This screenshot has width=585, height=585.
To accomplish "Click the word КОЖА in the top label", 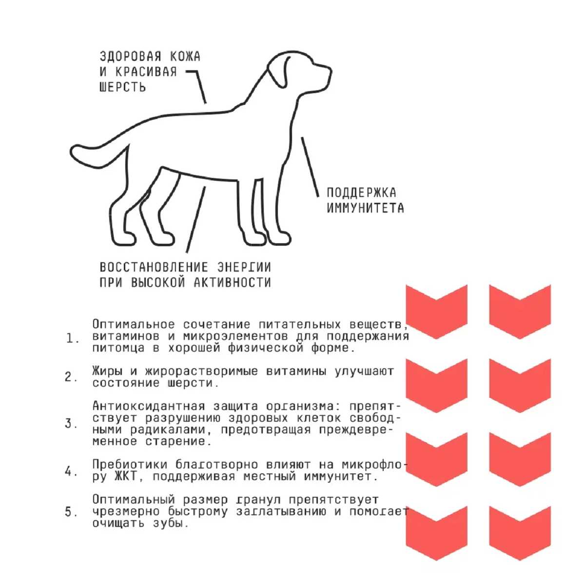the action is pos(185,57).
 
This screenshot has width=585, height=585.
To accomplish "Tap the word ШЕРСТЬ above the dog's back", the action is pos(123,87).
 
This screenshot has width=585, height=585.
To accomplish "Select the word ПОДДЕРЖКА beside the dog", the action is pos(361,193).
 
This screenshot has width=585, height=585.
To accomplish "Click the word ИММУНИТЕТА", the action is pos(365,208).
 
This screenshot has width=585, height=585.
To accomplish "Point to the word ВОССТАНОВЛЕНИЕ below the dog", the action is pos(154,268).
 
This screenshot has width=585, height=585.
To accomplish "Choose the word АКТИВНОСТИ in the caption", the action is pos(232,283).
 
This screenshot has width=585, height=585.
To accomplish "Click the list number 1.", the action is pos(72,339).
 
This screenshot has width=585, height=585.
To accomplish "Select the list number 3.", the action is pos(71,424).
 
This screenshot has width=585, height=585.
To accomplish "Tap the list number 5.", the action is pos(71,512).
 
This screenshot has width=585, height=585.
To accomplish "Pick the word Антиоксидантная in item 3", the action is pos(149,406).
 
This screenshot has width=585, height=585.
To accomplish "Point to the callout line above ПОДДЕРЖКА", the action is pos(310,167).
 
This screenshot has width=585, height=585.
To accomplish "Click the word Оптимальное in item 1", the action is pos(134,324).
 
